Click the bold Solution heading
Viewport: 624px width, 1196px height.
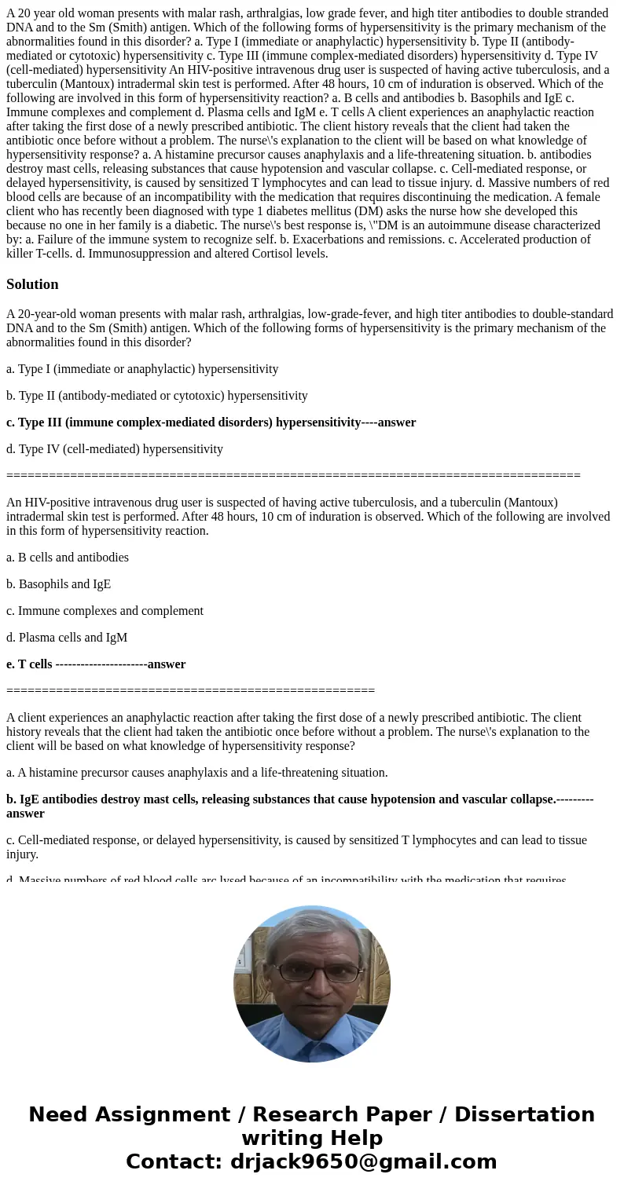(x=32, y=284)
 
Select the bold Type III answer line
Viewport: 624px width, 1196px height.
(x=211, y=422)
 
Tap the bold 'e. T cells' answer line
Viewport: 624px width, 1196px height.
(x=96, y=664)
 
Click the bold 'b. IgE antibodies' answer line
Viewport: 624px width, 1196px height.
(x=299, y=799)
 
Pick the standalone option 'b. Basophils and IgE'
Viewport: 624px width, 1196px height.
(x=58, y=584)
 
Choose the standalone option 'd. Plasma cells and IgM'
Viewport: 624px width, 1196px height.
(x=67, y=638)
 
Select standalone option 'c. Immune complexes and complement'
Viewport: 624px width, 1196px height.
(x=105, y=611)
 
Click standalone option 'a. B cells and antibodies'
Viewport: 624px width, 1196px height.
(x=68, y=558)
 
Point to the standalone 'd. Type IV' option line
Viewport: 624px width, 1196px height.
(x=115, y=449)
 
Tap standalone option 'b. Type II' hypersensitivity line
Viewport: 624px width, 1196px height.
(x=157, y=396)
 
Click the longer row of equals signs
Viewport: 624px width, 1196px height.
(x=293, y=476)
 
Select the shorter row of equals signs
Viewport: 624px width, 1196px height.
(x=190, y=691)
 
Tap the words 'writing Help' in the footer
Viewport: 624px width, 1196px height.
(x=312, y=1139)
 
